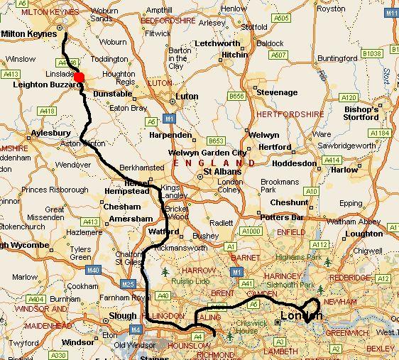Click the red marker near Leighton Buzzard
80,77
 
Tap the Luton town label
187,95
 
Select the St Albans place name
219,171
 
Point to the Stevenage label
276,93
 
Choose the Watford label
160,231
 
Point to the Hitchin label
235,55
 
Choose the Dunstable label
113,94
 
